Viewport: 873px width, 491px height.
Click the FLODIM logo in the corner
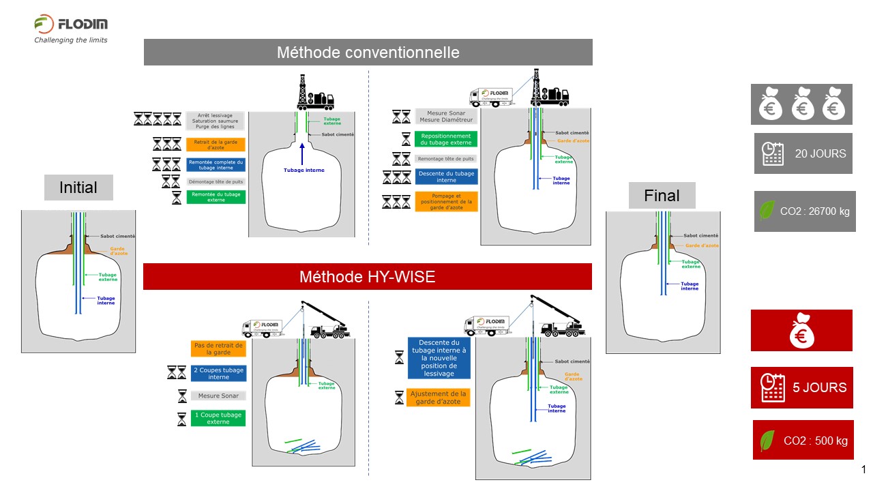(71, 29)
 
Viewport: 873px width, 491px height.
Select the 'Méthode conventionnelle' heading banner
(368, 53)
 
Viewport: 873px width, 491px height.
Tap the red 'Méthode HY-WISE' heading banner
(367, 277)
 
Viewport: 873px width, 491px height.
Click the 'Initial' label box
(78, 188)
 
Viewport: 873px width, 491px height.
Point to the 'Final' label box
(662, 196)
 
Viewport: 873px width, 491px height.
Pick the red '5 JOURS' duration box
(802, 387)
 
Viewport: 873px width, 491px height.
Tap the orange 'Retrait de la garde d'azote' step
(215, 145)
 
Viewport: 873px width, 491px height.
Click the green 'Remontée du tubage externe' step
(215, 197)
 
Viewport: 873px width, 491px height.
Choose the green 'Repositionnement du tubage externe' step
(446, 139)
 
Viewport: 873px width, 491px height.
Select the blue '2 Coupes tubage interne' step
(218, 373)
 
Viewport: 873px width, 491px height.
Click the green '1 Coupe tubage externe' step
(218, 418)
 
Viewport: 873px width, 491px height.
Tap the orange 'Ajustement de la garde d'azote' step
(438, 398)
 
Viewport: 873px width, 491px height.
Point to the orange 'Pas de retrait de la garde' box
(218, 348)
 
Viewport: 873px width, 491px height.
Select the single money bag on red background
(801, 331)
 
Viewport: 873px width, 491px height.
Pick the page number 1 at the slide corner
(863, 469)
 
